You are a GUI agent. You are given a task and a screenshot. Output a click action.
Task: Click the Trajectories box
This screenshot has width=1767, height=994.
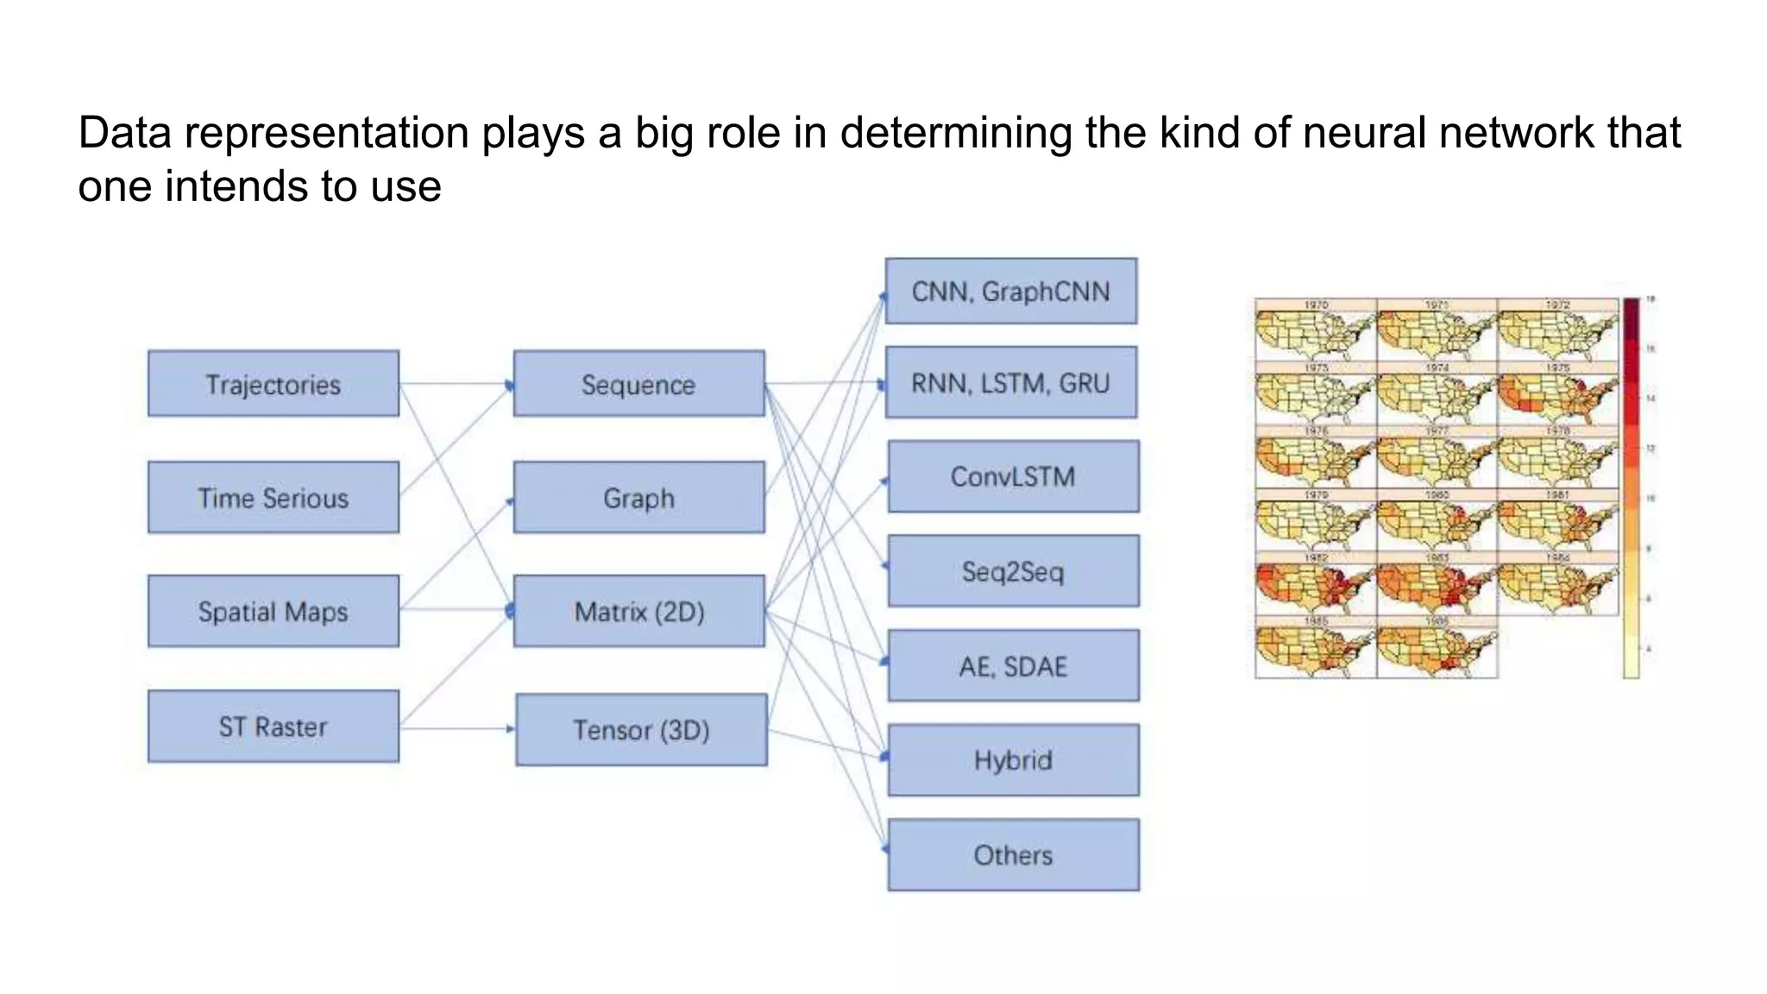tap(273, 384)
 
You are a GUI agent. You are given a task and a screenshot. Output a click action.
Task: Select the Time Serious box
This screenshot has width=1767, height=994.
tap(273, 498)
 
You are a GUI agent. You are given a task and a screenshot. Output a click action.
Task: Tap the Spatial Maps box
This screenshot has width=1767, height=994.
tap(273, 612)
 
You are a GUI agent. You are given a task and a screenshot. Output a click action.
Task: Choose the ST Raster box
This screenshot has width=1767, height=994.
tap(273, 727)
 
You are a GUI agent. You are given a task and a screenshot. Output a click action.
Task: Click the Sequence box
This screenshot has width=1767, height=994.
tap(638, 384)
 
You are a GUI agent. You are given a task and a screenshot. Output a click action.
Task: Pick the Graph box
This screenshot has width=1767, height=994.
tap(638, 498)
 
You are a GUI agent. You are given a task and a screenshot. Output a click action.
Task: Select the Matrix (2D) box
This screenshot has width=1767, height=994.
tap(638, 612)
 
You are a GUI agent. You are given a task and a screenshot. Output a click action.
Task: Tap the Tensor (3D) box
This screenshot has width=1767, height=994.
tap(641, 730)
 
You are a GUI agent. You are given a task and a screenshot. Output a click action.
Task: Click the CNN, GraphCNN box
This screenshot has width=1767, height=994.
tap(1010, 292)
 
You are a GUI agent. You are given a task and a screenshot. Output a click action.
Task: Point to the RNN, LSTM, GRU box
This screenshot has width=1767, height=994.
tap(1010, 383)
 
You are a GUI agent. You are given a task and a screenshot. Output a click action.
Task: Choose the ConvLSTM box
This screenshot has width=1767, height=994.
tap(1013, 477)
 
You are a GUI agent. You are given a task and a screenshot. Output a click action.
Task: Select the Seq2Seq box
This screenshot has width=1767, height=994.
tap(1013, 571)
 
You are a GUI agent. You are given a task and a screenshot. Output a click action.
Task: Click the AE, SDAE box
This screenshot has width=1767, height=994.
tap(1013, 666)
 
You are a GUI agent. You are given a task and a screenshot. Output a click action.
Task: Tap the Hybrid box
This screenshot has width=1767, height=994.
tap(1013, 760)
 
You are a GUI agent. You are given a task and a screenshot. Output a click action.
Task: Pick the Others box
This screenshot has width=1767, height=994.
tap(1013, 855)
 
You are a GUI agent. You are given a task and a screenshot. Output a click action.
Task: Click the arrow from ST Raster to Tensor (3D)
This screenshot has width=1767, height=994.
tap(457, 729)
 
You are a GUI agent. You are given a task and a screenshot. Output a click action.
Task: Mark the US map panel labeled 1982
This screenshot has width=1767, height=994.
tap(1315, 586)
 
